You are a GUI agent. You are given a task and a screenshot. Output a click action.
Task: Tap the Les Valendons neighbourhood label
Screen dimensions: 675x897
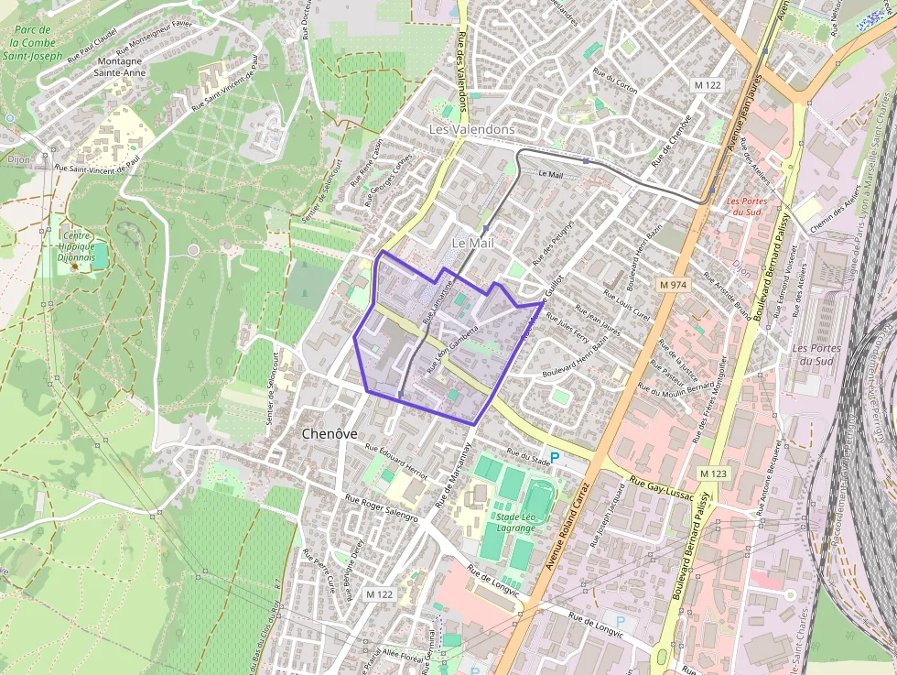coord(471,130)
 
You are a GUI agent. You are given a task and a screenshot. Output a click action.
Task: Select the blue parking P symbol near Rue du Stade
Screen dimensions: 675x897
coord(555,456)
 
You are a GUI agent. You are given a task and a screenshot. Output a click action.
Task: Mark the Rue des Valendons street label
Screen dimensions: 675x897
coord(462,81)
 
